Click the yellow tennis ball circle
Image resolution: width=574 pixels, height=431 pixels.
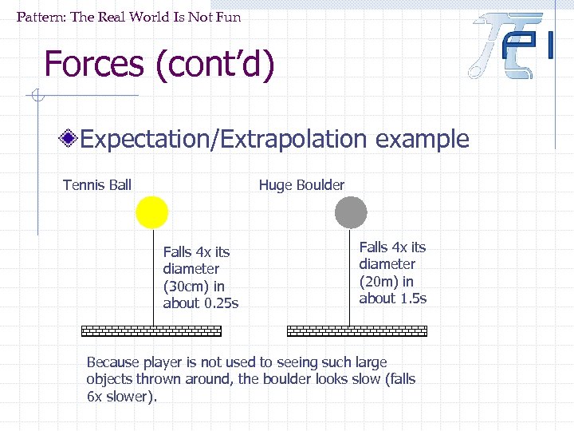coord(151,212)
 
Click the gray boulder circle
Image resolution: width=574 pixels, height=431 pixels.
coord(350,212)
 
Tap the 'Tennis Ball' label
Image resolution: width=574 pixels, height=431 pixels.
coord(97,185)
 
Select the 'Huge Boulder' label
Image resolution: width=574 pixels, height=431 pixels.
coord(301,185)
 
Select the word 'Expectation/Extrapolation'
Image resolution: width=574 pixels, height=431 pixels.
coord(224,140)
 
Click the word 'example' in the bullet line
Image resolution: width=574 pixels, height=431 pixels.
coord(422,140)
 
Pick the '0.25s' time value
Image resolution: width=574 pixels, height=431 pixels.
coord(221,302)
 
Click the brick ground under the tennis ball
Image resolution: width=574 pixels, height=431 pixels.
coord(151,330)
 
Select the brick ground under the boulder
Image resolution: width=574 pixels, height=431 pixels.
coord(356,330)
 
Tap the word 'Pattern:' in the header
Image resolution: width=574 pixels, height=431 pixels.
coord(41,17)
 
